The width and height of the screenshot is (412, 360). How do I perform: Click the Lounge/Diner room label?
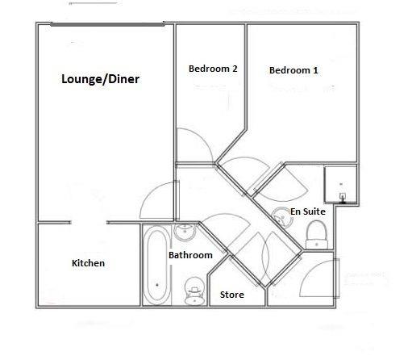pos(100,79)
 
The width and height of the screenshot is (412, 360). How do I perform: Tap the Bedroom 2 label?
pos(213,69)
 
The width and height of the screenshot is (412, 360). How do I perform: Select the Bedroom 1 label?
pos(293,70)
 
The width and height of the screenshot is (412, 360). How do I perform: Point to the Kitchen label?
pos(88,263)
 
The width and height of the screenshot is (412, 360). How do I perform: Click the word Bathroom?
pos(190,255)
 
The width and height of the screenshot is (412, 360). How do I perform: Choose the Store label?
pos(232,295)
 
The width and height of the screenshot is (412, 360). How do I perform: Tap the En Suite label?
pos(308,211)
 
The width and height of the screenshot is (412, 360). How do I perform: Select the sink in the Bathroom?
pos(185,232)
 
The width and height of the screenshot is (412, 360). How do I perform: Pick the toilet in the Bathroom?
pos(194,291)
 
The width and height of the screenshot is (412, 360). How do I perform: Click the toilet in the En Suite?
pos(317,235)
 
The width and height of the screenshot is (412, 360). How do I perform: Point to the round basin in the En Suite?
pos(282,216)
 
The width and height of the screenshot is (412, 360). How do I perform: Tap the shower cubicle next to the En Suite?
pos(340,184)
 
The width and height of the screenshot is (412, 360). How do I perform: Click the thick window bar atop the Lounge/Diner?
pos(107,24)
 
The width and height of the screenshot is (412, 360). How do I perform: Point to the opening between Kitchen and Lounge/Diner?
pos(89,223)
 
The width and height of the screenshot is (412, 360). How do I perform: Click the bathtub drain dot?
pos(157,285)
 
